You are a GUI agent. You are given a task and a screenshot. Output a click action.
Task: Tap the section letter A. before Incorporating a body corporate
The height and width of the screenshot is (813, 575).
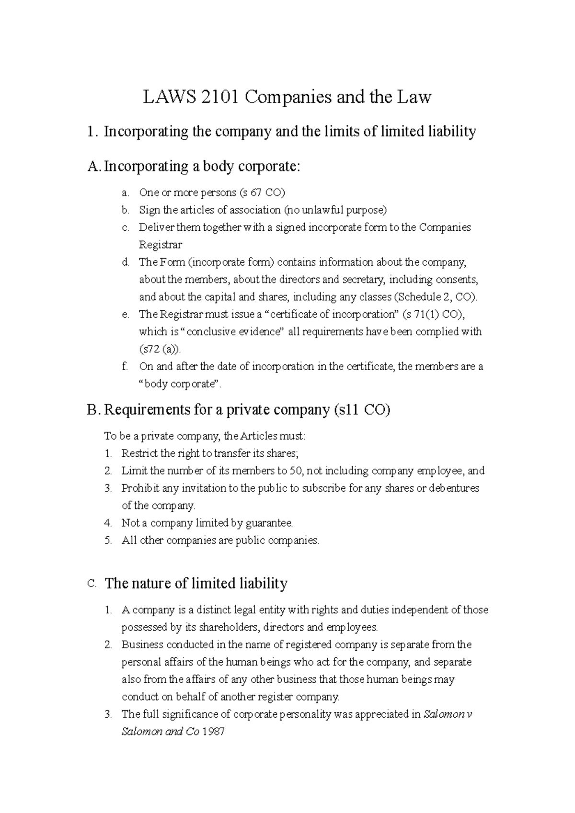point(94,167)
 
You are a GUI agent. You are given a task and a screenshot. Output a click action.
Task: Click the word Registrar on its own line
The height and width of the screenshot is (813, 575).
point(161,245)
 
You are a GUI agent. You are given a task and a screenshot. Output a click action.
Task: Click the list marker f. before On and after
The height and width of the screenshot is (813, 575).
point(125,367)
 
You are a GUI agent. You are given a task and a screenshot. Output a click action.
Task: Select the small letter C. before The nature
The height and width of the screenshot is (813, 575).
point(92,584)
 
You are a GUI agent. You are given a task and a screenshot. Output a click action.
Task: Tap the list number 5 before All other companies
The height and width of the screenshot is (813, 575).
point(108,541)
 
